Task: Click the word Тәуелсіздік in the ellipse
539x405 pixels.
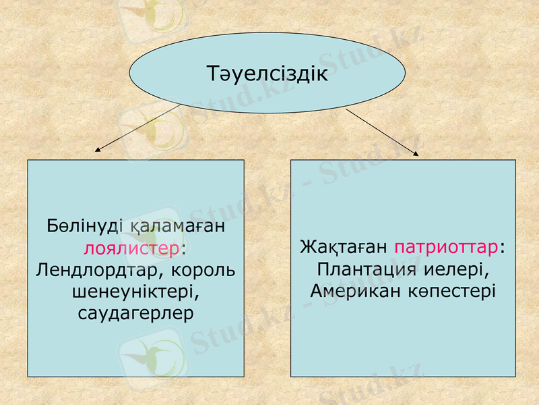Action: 267,73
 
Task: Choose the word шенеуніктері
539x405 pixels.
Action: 135,292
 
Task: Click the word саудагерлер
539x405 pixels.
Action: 135,313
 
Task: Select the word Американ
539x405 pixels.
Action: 356,290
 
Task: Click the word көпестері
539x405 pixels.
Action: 455,290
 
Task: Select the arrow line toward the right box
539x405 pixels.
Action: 381,130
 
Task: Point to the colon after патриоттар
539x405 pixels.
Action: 503,246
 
